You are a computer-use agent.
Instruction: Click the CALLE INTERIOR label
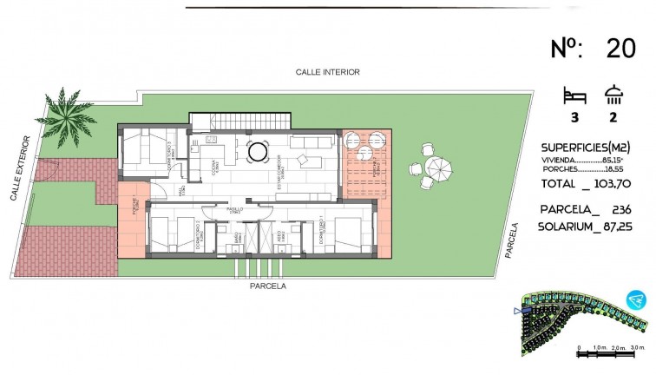327,72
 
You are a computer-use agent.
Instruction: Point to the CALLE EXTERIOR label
22,168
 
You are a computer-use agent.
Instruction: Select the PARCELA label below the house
268,285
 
